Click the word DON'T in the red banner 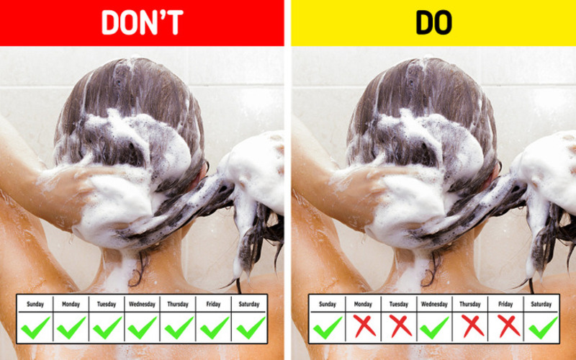[142, 22]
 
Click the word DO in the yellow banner [433, 22]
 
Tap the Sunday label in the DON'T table [35, 304]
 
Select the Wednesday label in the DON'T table [142, 304]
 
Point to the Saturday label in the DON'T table [249, 304]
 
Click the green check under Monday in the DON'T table [71, 328]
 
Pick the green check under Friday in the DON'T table [215, 328]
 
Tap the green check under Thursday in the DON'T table [179, 328]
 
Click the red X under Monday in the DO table [365, 326]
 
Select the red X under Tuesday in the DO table [400, 326]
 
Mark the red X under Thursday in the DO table [472, 326]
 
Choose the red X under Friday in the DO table [509, 326]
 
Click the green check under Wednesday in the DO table [434, 328]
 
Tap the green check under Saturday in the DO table [544, 328]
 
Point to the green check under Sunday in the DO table [328, 328]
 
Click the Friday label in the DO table [505, 304]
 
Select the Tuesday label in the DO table [399, 304]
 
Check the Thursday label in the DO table [470, 304]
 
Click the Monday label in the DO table [363, 304]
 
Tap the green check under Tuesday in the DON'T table [107, 328]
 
